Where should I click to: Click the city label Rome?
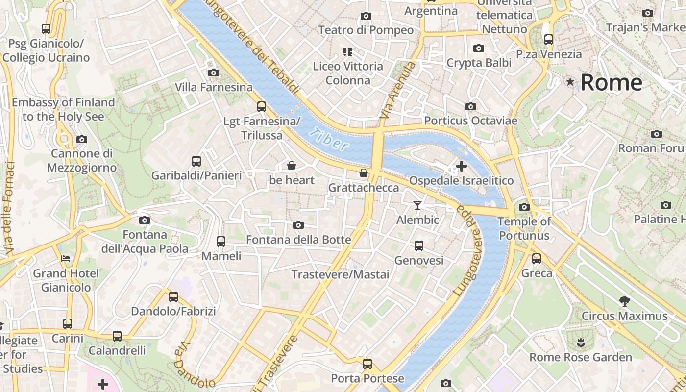coord(611,82)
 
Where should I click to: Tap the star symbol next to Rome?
coord(570,82)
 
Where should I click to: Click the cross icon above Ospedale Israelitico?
coord(461,166)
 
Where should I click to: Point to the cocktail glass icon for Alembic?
coord(417,205)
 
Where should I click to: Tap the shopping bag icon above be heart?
coord(292,166)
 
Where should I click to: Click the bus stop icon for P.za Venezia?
coord(548,40)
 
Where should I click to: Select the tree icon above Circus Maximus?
coord(624,301)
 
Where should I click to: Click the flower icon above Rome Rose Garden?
coord(581,342)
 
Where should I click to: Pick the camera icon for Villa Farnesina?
coord(213,73)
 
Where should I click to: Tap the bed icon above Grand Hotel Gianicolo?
coord(66,258)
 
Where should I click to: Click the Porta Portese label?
coord(367,378)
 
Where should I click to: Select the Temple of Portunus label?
coord(524,228)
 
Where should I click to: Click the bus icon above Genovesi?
coord(418,246)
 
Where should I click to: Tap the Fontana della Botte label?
coord(298,240)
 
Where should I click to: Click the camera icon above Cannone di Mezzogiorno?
coord(82,140)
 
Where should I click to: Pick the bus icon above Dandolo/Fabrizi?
coord(173,296)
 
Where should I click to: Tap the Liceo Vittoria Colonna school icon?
coord(348,51)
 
